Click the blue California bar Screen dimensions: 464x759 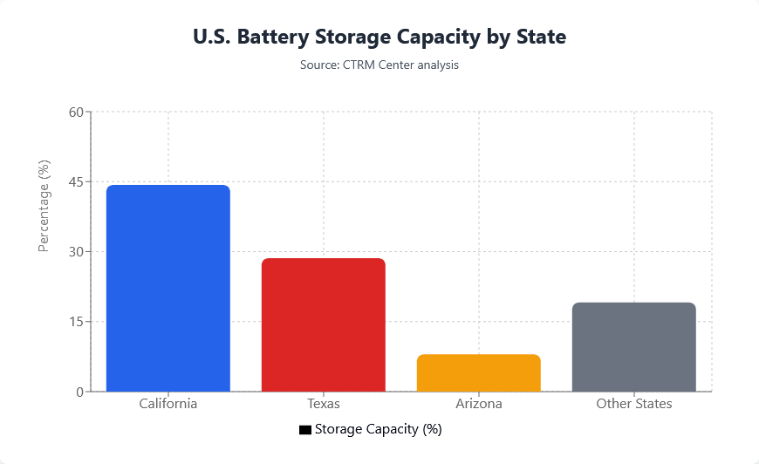(x=168, y=288)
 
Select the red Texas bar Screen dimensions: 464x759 (x=324, y=324)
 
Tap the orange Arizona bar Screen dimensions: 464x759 (x=479, y=372)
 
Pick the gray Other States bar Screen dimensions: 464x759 (x=634, y=347)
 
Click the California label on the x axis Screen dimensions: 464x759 (x=168, y=405)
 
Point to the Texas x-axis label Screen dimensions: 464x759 (x=324, y=405)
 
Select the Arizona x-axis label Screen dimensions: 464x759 (x=479, y=405)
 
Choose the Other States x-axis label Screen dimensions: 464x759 (x=634, y=405)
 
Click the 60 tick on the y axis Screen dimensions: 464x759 (x=75, y=113)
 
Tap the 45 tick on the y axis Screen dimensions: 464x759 (x=75, y=182)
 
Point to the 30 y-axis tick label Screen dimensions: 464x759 (x=75, y=252)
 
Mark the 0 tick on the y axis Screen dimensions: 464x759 (x=79, y=392)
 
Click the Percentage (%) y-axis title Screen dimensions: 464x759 (x=44, y=206)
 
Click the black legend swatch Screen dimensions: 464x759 (x=304, y=430)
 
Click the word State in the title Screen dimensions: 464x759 (x=540, y=38)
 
